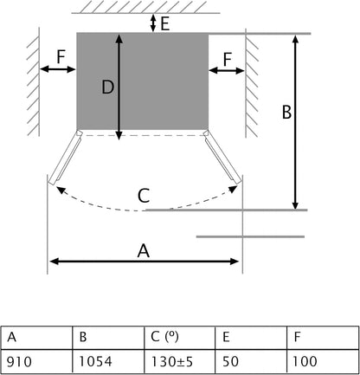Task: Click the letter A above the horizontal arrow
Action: pos(144,250)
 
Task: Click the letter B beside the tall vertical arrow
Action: pos(286,112)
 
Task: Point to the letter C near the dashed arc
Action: pos(144,196)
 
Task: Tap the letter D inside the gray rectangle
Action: pos(108,87)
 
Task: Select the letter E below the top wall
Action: pos(164,23)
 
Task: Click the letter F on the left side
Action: pos(61,56)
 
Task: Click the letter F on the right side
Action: pos(228,59)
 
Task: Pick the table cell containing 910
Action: pos(36,361)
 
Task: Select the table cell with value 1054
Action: pos(108,361)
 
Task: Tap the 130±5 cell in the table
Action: pos(180,361)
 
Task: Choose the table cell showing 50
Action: pos(251,361)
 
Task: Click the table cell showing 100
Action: pos(323,361)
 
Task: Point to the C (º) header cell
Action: pos(180,338)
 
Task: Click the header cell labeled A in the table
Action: pos(36,338)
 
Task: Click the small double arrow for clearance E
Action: pos(153,23)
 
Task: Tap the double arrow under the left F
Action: pos(57,69)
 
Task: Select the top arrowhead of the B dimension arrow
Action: pos(295,39)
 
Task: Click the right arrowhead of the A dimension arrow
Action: pos(235,262)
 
